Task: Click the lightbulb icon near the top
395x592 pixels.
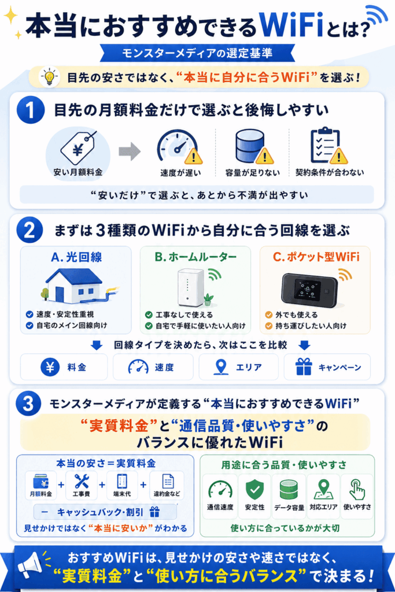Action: tap(50, 77)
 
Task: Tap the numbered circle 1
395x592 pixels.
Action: tap(30, 110)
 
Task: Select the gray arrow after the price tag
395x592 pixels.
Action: tap(130, 151)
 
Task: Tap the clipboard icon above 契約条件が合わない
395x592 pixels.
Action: tap(327, 146)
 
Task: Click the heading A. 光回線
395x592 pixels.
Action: tap(76, 257)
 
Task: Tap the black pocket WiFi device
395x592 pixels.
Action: tap(309, 290)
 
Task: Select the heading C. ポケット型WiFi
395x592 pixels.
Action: tap(316, 257)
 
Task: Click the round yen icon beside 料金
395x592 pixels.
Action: tap(50, 367)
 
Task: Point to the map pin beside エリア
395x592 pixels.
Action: tap(221, 367)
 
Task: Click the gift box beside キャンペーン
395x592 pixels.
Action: tap(304, 367)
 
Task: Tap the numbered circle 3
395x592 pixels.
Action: tap(29, 404)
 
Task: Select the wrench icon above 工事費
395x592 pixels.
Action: tap(81, 482)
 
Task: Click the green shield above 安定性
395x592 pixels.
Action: tap(254, 490)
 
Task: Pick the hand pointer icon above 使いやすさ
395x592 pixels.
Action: tap(357, 489)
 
